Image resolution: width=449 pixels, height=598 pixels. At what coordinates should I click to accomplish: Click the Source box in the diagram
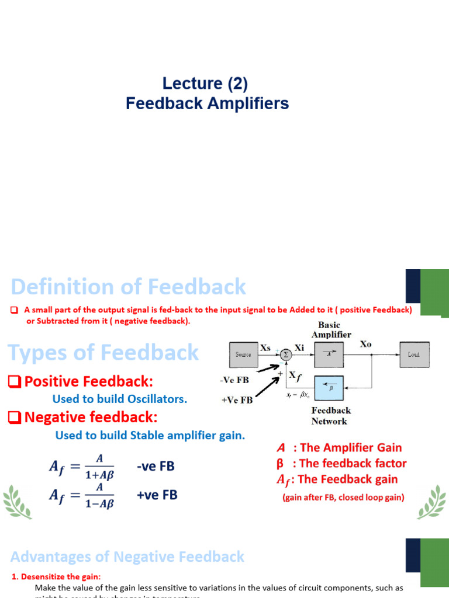click(243, 354)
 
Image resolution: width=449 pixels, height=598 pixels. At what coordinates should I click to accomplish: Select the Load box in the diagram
click(413, 354)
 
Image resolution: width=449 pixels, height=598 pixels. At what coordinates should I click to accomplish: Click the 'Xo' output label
click(365, 345)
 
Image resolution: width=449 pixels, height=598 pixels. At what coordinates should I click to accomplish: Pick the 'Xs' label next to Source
click(265, 347)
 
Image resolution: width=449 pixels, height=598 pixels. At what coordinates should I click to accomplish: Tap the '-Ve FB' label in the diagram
click(234, 380)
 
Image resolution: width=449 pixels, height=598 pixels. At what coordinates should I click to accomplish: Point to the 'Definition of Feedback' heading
click(129, 287)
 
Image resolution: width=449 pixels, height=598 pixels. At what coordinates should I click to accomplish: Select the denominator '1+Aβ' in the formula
click(100, 475)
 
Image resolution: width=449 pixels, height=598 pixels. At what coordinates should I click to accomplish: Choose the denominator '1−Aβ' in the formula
click(100, 503)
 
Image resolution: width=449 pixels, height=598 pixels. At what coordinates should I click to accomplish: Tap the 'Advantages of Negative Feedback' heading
click(127, 557)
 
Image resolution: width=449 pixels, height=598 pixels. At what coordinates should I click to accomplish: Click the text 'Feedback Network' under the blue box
click(330, 416)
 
